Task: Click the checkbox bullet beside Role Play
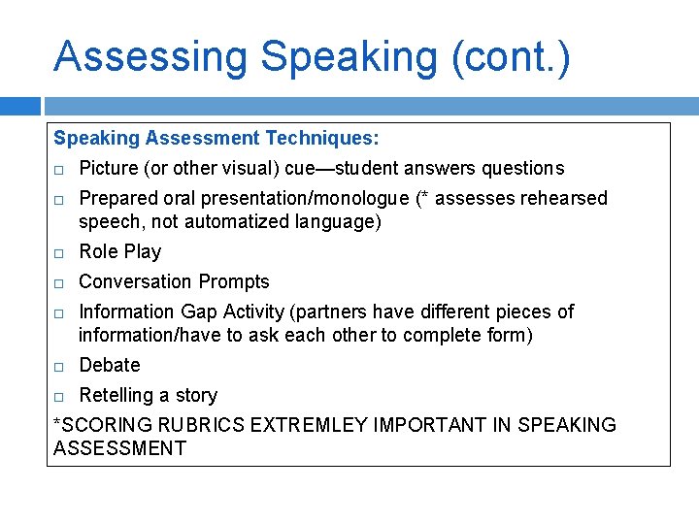pyautogui.click(x=59, y=253)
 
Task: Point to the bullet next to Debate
pyautogui.click(x=59, y=367)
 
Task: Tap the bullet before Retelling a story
pyautogui.click(x=59, y=397)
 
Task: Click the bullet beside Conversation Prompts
pyautogui.click(x=59, y=283)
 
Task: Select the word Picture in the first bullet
pyautogui.click(x=108, y=169)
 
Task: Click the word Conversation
pyautogui.click(x=136, y=282)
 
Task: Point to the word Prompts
pyautogui.click(x=234, y=282)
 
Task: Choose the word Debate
pyautogui.click(x=110, y=366)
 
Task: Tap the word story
pyautogui.click(x=196, y=396)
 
